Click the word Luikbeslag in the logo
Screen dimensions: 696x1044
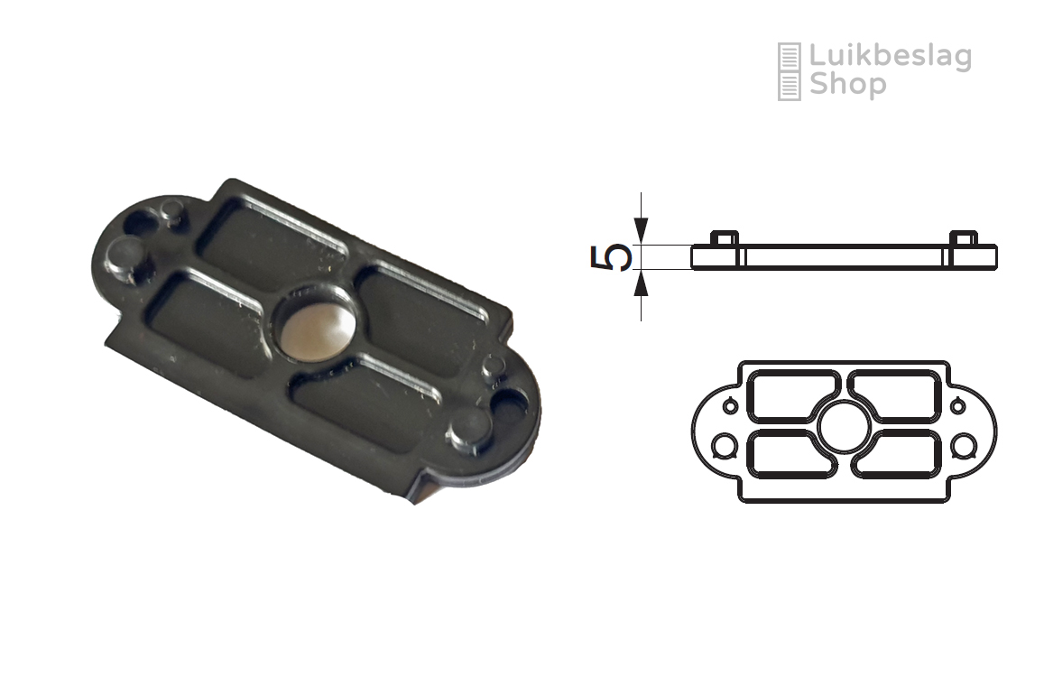pyautogui.click(x=890, y=58)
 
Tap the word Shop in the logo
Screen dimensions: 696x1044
pyautogui.click(x=847, y=85)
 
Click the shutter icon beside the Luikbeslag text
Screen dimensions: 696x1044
pyautogui.click(x=789, y=71)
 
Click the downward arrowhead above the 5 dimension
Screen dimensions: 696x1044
pyautogui.click(x=642, y=229)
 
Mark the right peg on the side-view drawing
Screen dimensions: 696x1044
pyautogui.click(x=963, y=238)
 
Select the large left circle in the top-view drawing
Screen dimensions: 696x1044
pyautogui.click(x=724, y=446)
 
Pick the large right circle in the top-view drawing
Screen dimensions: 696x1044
pyautogui.click(x=964, y=446)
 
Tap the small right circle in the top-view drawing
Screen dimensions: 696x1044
pyautogui.click(x=957, y=405)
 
